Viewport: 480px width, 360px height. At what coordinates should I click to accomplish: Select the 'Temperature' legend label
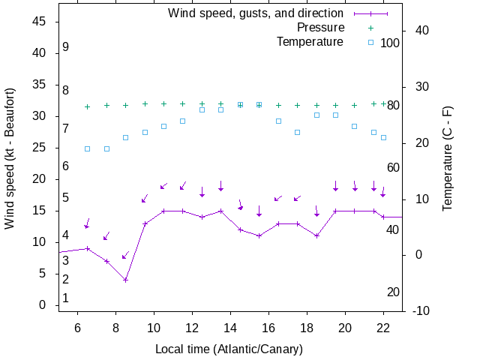pyautogui.click(x=310, y=42)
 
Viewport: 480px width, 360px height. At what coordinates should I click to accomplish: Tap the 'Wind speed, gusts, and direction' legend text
pyautogui.click(x=255, y=13)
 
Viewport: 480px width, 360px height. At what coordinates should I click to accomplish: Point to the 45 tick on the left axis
pyautogui.click(x=41, y=22)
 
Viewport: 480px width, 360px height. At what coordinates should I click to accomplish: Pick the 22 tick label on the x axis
pyautogui.click(x=383, y=328)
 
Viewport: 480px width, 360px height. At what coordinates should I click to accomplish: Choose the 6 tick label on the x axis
pyautogui.click(x=78, y=328)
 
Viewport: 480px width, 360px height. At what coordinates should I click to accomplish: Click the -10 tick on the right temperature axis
pyautogui.click(x=421, y=311)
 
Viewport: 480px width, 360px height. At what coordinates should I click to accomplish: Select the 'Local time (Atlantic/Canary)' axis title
pyautogui.click(x=229, y=349)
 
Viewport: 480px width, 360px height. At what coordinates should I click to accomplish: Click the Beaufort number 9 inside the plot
pyautogui.click(x=66, y=47)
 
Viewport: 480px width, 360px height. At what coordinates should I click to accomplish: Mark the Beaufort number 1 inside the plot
pyautogui.click(x=66, y=298)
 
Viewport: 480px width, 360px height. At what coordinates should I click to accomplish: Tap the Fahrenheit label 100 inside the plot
pyautogui.click(x=390, y=43)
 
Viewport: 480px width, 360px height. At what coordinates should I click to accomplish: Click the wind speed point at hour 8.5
pyautogui.click(x=126, y=280)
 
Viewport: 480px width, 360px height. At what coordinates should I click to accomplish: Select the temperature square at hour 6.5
pyautogui.click(x=88, y=148)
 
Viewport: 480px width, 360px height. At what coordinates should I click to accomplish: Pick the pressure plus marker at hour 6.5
pyautogui.click(x=88, y=106)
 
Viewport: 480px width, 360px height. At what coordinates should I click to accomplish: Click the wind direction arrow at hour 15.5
pyautogui.click(x=259, y=211)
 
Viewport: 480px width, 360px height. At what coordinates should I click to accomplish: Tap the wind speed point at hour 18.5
pyautogui.click(x=316, y=235)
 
